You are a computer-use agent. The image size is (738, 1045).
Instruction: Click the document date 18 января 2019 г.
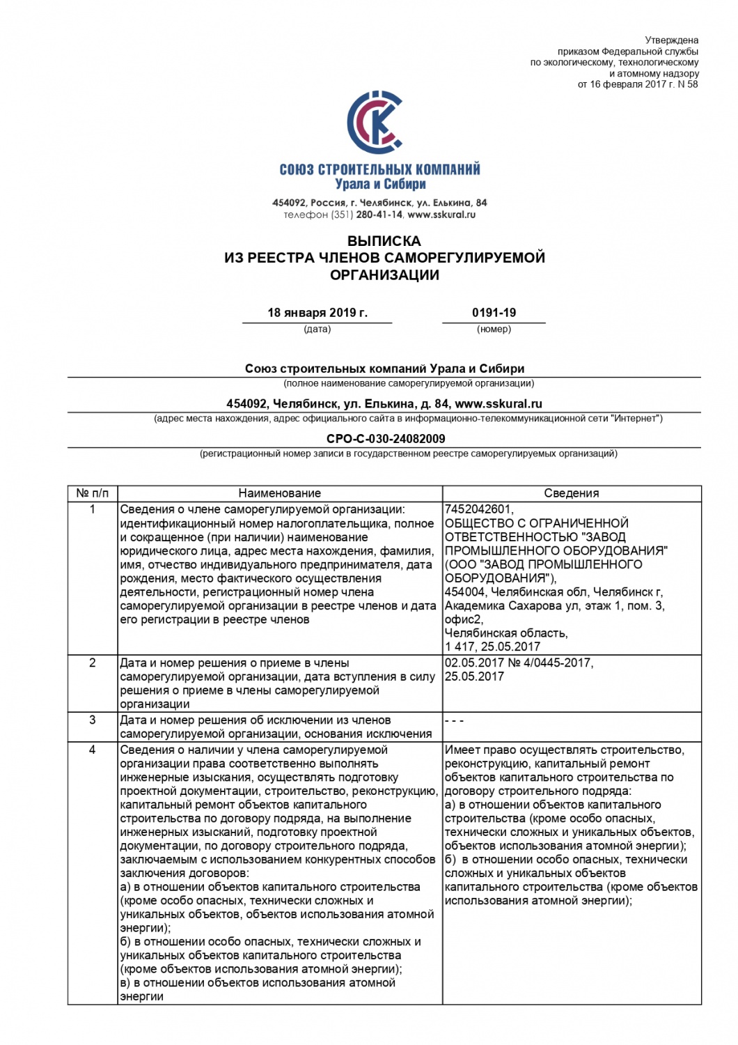[317, 313]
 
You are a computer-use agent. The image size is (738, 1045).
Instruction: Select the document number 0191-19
[494, 313]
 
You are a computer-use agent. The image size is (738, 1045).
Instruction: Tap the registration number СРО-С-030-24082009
[386, 439]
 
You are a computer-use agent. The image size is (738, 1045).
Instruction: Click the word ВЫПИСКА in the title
[384, 241]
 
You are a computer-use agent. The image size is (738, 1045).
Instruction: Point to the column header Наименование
[280, 493]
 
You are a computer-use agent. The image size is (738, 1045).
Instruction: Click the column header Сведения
[571, 493]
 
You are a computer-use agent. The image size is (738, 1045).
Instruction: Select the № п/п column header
[93, 493]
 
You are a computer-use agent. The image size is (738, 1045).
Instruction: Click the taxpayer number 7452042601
[478, 509]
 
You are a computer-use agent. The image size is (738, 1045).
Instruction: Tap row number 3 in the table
[93, 720]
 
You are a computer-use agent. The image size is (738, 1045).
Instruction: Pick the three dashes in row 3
[454, 720]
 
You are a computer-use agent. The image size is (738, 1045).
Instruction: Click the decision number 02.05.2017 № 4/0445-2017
[518, 663]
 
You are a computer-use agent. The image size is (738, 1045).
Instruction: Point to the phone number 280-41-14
[379, 215]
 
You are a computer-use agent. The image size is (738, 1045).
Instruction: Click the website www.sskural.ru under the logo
[441, 215]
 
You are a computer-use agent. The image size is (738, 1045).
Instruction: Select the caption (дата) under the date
[317, 329]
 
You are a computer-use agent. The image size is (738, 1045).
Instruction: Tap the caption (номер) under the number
[494, 329]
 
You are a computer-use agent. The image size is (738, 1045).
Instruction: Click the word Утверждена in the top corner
[671, 40]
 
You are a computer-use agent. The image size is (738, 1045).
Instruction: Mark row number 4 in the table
[93, 750]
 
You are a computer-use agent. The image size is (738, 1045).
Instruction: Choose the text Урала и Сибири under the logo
[380, 185]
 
